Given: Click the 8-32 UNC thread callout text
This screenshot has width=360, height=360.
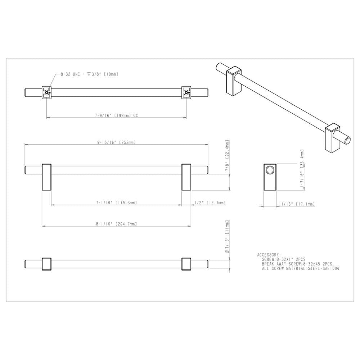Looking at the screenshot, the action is (89, 74).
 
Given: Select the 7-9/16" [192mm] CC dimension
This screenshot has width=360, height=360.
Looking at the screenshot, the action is (117, 115).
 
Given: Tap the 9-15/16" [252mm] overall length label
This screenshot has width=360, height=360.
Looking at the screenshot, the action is (116, 142).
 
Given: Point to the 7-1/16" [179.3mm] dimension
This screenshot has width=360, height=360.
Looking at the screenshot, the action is (116, 203).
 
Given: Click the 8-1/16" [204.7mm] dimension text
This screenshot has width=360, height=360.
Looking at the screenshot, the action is (116, 224).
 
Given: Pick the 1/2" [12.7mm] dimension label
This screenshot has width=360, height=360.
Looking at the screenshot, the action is (210, 203).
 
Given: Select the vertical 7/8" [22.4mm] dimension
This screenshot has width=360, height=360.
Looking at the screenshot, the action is (227, 155).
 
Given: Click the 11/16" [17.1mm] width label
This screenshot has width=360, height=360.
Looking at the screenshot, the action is (297, 204).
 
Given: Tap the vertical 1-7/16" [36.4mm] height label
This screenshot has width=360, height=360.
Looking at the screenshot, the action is (302, 169).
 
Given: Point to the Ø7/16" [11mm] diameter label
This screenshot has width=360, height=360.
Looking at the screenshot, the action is (227, 237).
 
